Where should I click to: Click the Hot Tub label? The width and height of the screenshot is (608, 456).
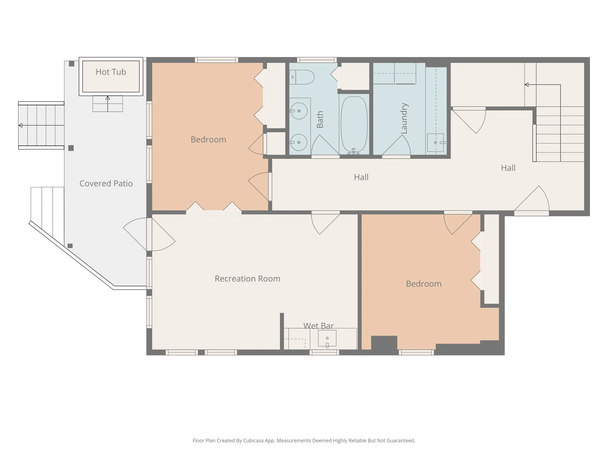111,72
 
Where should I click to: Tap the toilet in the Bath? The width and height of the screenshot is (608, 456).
302,77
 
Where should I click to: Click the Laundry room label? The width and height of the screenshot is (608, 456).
404,118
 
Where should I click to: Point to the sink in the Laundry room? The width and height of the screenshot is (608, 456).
436,143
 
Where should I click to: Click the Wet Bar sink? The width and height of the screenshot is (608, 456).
327,338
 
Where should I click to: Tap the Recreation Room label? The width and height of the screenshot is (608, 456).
247,279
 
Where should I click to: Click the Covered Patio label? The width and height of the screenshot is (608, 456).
106,183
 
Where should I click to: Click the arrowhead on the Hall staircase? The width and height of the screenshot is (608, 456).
526,85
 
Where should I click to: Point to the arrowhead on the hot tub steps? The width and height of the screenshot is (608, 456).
108,98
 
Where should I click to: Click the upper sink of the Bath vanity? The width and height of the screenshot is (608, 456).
299,111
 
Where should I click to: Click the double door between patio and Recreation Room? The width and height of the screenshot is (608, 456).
149,234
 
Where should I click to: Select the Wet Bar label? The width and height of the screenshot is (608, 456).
319,326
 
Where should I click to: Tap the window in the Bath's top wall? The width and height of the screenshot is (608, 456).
317,60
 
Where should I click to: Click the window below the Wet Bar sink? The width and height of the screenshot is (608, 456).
324,352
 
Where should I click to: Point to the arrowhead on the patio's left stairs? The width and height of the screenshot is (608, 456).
20,125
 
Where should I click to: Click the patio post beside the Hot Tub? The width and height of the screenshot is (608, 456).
72,64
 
